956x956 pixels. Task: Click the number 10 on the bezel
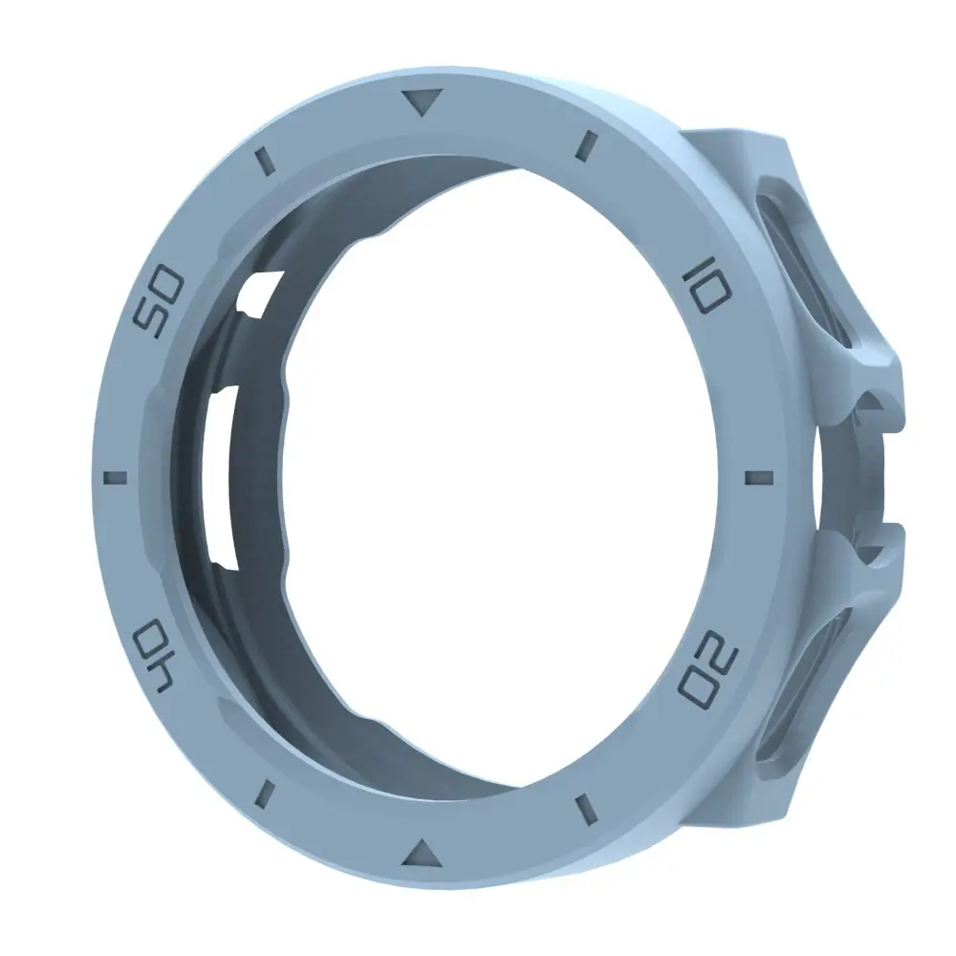click(x=707, y=285)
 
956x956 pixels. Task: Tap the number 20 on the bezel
click(x=708, y=669)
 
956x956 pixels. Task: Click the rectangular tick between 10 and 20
click(x=758, y=476)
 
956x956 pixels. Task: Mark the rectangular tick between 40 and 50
click(x=116, y=477)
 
